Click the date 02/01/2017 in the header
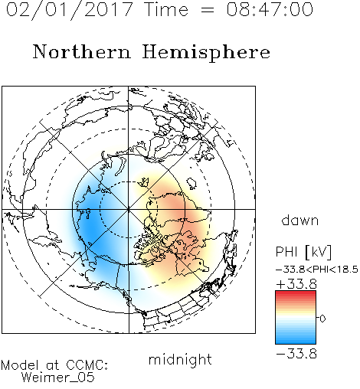coord(69,10)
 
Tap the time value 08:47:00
coord(270,9)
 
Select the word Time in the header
coord(166,9)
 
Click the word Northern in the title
coord(81,51)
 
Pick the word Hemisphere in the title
coord(206,53)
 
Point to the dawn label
coord(300,220)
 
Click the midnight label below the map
coord(180,360)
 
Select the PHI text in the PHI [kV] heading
coord(286,252)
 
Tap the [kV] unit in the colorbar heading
coord(318,252)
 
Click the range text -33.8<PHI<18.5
coord(316,270)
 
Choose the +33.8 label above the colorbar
coord(296,284)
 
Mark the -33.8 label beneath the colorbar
coord(296,354)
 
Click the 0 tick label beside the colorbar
coord(322,319)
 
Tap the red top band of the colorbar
coord(296,293)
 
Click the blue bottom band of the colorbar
coord(296,342)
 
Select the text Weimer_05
coord(57,377)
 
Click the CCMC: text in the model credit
coord(87,365)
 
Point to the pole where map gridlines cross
coord(129,209)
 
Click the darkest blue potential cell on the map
coord(90,228)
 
